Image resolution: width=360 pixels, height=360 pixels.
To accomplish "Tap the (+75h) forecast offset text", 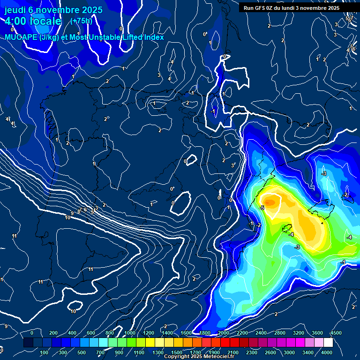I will pyautogui.click(x=81, y=21).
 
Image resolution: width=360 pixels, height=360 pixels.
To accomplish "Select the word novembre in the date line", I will pyautogui.click(x=54, y=9).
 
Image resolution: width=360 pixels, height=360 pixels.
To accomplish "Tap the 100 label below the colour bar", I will pyautogui.click(x=44, y=352).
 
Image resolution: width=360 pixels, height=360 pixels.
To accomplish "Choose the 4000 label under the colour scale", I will pyautogui.click(x=327, y=352).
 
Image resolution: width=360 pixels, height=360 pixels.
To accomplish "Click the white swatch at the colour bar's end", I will pyautogui.click(x=328, y=343).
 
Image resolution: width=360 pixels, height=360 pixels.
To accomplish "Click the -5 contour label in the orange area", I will pyautogui.click(x=262, y=208).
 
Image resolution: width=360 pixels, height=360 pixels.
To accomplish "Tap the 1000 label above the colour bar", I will pyautogui.click(x=129, y=333).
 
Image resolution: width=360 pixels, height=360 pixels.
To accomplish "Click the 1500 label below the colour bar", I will pyautogui.click(x=177, y=352).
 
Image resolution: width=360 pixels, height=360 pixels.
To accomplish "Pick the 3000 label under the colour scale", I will pyautogui.click(x=289, y=352).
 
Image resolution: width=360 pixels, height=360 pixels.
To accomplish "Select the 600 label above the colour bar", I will pyautogui.click(x=91, y=333).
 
